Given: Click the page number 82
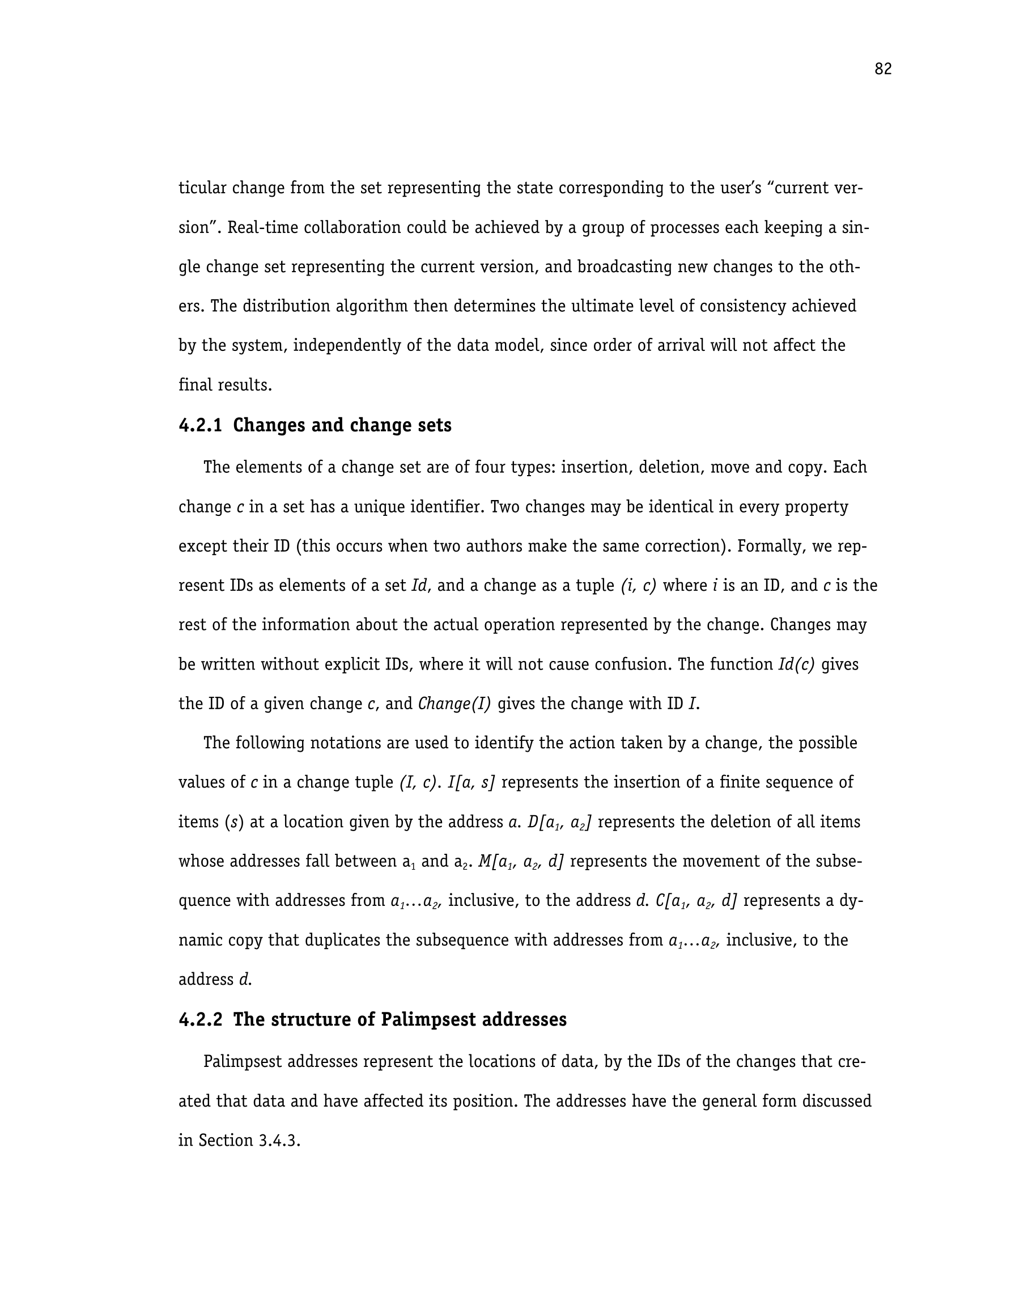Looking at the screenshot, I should pos(882,70).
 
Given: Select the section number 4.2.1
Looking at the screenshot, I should pos(200,426).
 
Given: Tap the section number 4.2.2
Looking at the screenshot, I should pos(200,1019).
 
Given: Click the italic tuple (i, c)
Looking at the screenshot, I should pos(639,586).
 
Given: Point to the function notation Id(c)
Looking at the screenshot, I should pos(796,664).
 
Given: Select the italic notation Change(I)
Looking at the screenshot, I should pos(454,704).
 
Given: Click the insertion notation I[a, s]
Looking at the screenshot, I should pos(471,783).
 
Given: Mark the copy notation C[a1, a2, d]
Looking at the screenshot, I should pos(696,901).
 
